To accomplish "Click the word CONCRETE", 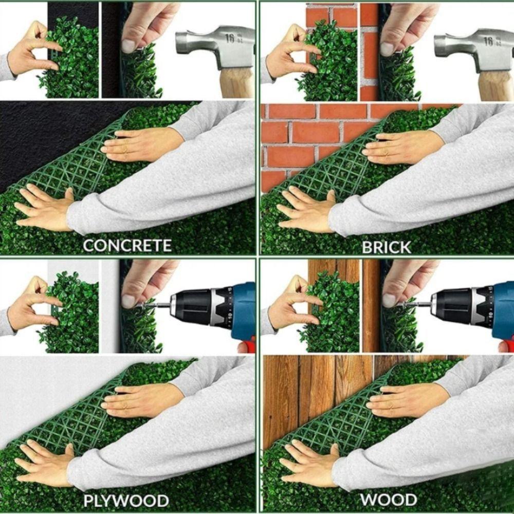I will click(x=127, y=245).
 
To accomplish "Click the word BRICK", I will click(x=387, y=247).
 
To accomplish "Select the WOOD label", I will click(x=388, y=499).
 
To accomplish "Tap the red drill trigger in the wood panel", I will click(x=506, y=346).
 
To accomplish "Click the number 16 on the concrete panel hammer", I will click(x=230, y=39).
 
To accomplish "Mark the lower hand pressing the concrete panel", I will click(x=44, y=208).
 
